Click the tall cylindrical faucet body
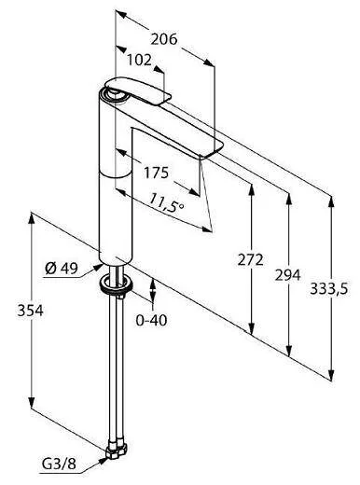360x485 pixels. pyautogui.click(x=117, y=187)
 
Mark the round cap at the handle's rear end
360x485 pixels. pyautogui.click(x=112, y=92)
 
